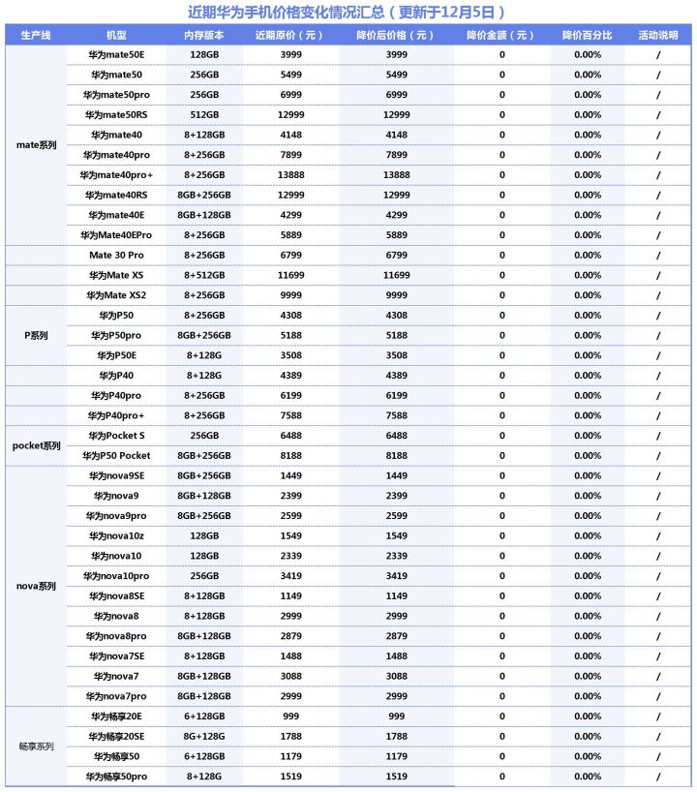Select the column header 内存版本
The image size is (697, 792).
203,35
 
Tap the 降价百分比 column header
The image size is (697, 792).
587,35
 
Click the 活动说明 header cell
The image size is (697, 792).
658,35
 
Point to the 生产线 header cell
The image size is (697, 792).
36,35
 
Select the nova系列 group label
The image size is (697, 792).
37,586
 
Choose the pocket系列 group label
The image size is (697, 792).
37,445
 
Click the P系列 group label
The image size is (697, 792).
37,335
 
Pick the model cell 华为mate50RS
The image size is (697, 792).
116,114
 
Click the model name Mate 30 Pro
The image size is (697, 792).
116,255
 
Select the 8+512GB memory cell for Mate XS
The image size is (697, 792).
203,275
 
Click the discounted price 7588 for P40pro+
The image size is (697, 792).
396,415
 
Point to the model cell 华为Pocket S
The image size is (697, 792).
116,436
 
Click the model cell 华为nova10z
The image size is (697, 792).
116,535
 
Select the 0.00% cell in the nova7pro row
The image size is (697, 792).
587,696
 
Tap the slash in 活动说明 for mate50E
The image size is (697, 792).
658,54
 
